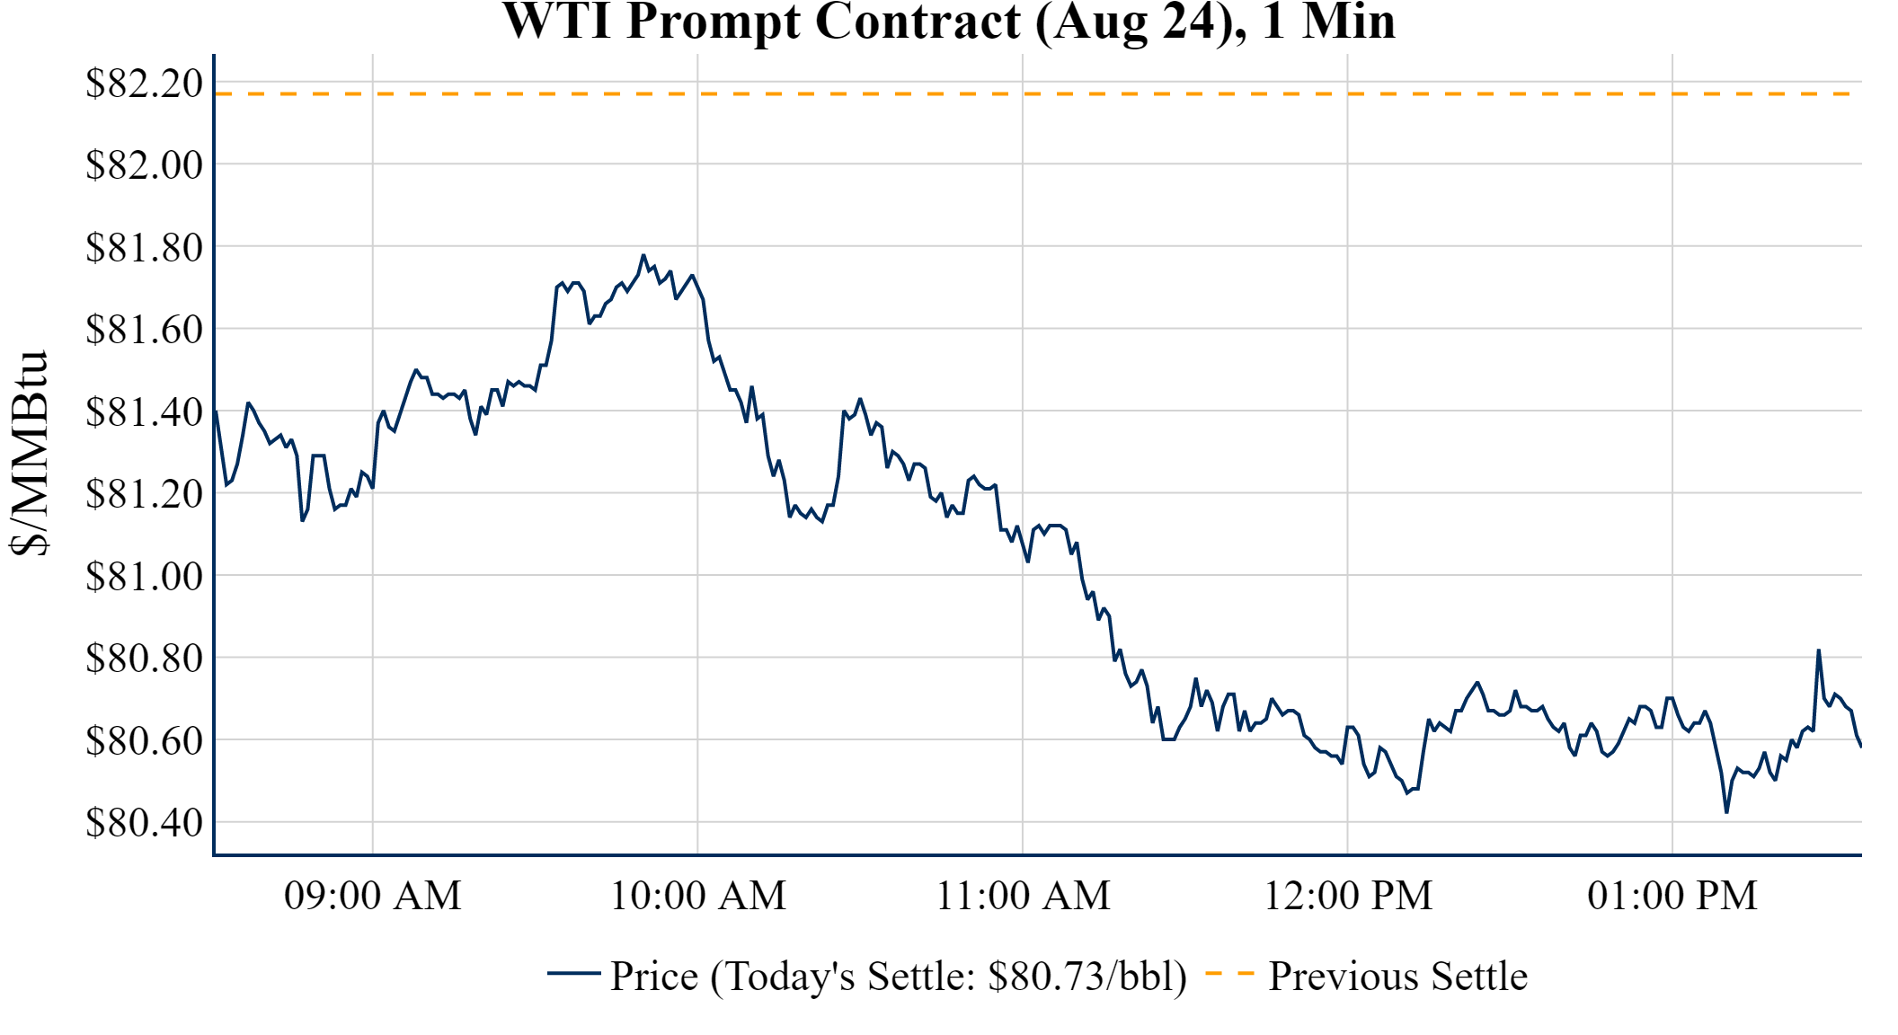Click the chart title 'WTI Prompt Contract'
(948, 22)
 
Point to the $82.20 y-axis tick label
(144, 84)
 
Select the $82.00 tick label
(144, 165)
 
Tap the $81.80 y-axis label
(144, 248)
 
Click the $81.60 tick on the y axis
(144, 330)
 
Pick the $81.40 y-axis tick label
(144, 412)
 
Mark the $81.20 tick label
(144, 494)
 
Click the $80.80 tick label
(144, 659)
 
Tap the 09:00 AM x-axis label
(372, 896)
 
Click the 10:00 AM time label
(697, 896)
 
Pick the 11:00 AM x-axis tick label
(1023, 896)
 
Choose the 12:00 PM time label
(1347, 896)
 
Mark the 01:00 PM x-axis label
(1672, 896)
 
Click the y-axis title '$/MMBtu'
(30, 454)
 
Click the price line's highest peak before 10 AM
(643, 255)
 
